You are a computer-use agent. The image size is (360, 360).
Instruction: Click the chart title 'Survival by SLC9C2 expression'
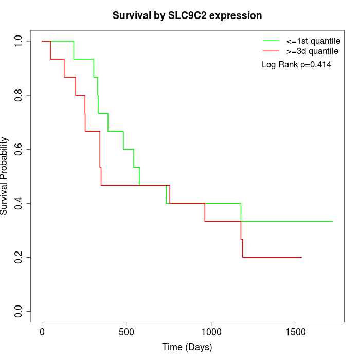click(187, 16)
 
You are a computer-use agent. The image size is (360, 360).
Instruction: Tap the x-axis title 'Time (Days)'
click(187, 347)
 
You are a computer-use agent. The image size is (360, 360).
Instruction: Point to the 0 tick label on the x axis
click(42, 332)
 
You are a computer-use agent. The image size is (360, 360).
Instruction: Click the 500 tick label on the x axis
click(127, 332)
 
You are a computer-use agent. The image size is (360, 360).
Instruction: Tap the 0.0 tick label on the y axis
click(19, 311)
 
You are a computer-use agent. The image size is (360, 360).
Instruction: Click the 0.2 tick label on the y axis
click(19, 257)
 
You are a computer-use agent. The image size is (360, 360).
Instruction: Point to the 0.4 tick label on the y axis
click(19, 203)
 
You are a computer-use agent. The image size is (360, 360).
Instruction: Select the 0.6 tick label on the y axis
click(19, 149)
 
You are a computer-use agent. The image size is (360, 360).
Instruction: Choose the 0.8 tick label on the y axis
click(19, 95)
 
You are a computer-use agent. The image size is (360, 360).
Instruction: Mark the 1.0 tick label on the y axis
click(19, 41)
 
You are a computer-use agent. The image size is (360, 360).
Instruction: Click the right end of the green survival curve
click(333, 221)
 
